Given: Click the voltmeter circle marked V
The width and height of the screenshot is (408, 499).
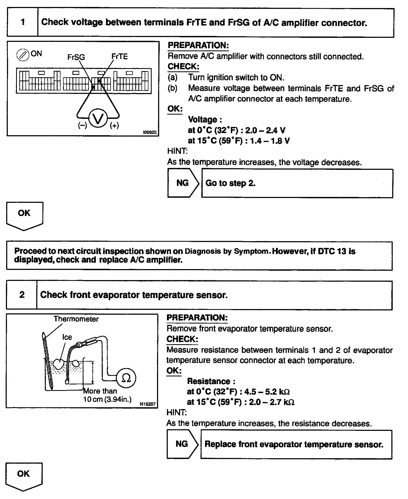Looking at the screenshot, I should (x=98, y=118).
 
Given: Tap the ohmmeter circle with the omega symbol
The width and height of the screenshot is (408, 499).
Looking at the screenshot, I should (x=126, y=378).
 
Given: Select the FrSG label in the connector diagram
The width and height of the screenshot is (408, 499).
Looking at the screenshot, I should (x=76, y=57).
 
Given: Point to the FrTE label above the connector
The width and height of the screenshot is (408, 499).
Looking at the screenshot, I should (x=119, y=57).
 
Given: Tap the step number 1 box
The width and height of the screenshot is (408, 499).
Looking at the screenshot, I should (x=23, y=22).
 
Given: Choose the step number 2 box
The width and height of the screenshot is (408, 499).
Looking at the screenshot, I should (x=22, y=295).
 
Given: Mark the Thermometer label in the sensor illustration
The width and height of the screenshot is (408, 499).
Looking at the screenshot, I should (x=76, y=319).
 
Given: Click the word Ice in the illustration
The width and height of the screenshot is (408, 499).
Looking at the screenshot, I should (x=67, y=337).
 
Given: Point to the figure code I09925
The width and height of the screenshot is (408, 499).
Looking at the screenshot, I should (x=150, y=132).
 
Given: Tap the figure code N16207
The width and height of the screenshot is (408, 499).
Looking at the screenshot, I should (x=148, y=404).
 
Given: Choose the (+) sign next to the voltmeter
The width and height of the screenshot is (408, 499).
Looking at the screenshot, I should (x=114, y=125).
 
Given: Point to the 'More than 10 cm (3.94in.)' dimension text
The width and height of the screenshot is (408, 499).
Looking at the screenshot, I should (x=107, y=395).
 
